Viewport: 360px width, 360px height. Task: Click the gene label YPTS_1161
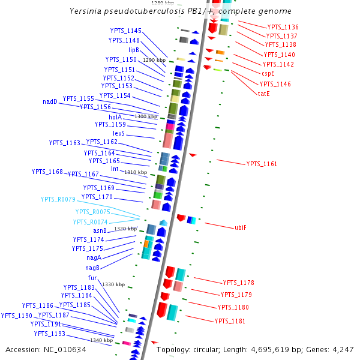(262, 164)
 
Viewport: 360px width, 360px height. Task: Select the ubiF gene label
(241, 227)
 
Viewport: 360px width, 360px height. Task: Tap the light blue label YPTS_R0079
(58, 199)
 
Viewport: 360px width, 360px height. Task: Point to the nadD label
(50, 101)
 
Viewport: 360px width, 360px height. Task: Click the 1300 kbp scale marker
(146, 116)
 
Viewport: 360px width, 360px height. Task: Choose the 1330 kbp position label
(113, 284)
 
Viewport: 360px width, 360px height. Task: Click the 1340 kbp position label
(101, 340)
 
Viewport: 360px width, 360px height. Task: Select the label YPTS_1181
(230, 321)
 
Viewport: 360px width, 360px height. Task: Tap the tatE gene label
(264, 94)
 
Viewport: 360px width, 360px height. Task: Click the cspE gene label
(268, 73)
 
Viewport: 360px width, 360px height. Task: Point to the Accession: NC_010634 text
(46, 349)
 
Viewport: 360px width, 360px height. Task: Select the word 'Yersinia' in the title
(85, 11)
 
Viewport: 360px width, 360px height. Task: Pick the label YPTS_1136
(283, 27)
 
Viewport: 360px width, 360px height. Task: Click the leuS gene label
(119, 133)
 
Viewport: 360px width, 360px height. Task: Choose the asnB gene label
(100, 230)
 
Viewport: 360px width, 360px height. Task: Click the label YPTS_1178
(238, 282)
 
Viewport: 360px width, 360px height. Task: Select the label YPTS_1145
(126, 31)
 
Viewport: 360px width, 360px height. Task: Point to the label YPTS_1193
(49, 334)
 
